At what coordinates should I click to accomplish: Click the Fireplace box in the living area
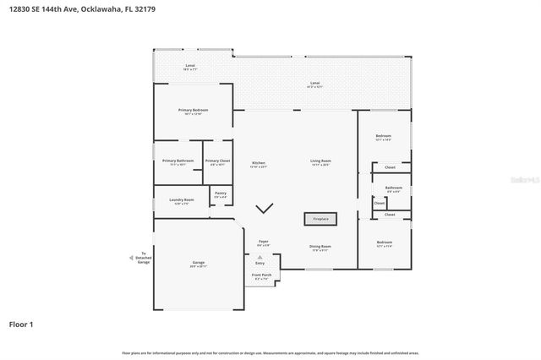tap(320, 219)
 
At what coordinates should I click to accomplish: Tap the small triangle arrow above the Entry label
tap(260, 256)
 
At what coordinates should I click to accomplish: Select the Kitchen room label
tap(259, 162)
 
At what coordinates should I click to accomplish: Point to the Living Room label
tap(320, 161)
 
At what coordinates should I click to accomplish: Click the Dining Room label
tap(320, 247)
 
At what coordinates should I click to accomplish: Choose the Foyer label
tap(264, 242)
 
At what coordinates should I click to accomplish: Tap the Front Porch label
tap(261, 275)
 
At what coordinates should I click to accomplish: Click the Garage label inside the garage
tap(199, 264)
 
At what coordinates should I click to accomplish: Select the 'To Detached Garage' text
tap(144, 258)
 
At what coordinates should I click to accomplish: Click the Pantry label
tap(221, 194)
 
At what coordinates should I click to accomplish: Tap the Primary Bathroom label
tap(178, 161)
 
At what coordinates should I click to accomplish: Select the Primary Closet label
tap(217, 161)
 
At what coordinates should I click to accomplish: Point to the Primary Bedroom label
tap(193, 111)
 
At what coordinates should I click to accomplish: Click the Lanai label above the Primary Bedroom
tap(190, 66)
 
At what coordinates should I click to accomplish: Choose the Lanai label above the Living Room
tap(314, 83)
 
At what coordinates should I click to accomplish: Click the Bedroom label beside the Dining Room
tap(384, 243)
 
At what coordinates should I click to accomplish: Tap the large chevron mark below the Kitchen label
tap(265, 207)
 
